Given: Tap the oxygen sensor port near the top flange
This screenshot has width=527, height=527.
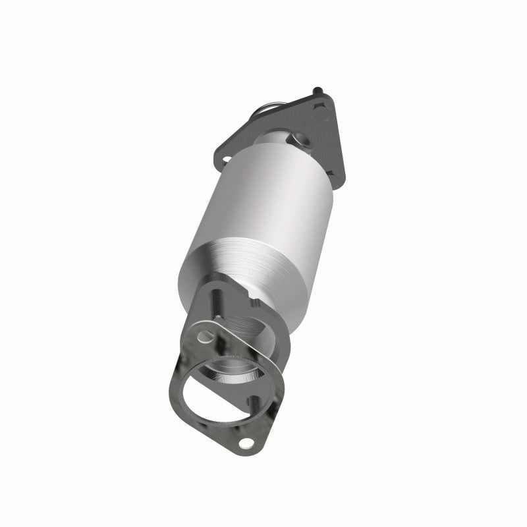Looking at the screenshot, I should [304, 140].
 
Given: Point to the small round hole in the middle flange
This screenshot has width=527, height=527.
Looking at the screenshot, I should [204, 337].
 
